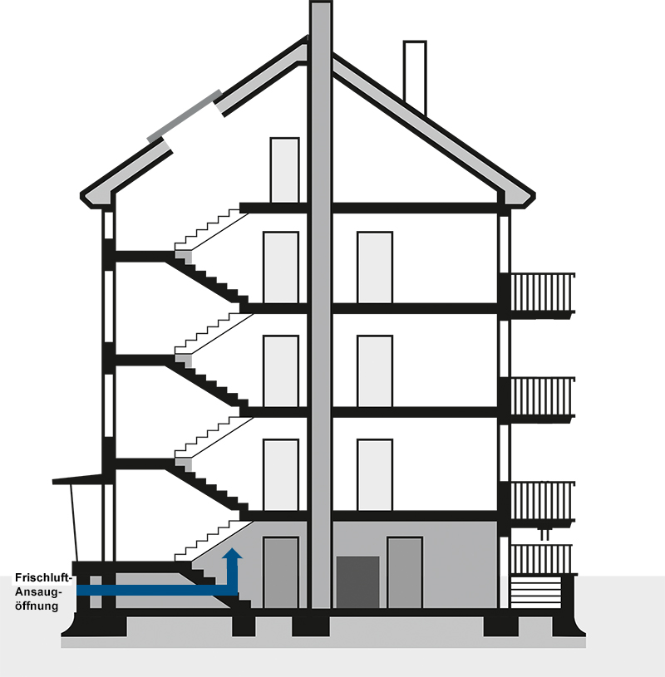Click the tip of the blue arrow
point(232,548)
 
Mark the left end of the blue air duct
point(77,591)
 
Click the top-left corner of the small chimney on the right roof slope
point(404,42)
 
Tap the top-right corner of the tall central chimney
point(332,2)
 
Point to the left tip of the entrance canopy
point(52,482)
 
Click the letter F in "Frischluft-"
point(18,577)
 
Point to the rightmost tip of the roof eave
point(535,196)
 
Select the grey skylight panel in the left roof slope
point(185,116)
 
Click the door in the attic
point(284,170)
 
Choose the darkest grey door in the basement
point(357,582)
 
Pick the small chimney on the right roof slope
point(415,79)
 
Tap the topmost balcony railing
point(543,292)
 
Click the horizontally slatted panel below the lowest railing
point(536,591)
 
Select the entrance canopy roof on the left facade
point(78,479)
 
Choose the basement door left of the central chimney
point(280,572)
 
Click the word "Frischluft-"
point(43,577)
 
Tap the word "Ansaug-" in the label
point(39,591)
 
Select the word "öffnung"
point(37,606)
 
